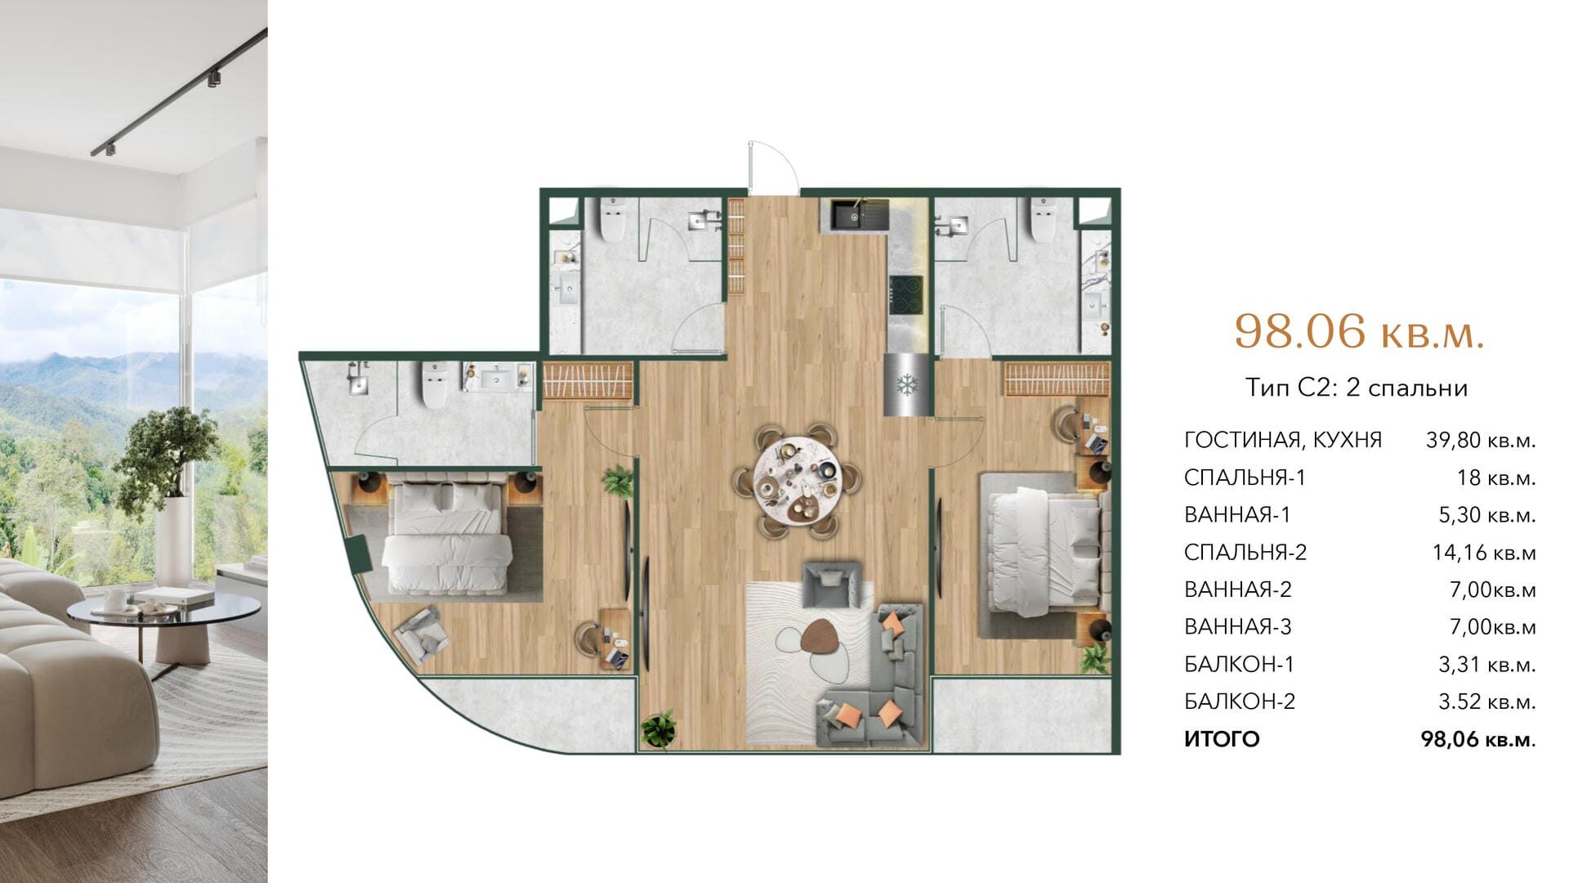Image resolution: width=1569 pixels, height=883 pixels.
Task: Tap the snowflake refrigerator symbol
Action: tap(905, 386)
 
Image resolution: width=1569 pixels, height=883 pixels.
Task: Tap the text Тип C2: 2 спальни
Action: tap(1357, 388)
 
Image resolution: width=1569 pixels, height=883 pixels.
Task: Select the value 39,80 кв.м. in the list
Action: tap(1481, 440)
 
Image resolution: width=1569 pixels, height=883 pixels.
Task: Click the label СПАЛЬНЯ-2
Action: tap(1245, 553)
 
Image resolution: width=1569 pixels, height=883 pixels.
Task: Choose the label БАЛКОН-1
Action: tap(1240, 665)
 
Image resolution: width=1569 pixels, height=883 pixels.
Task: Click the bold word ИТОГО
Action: tap(1222, 740)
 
